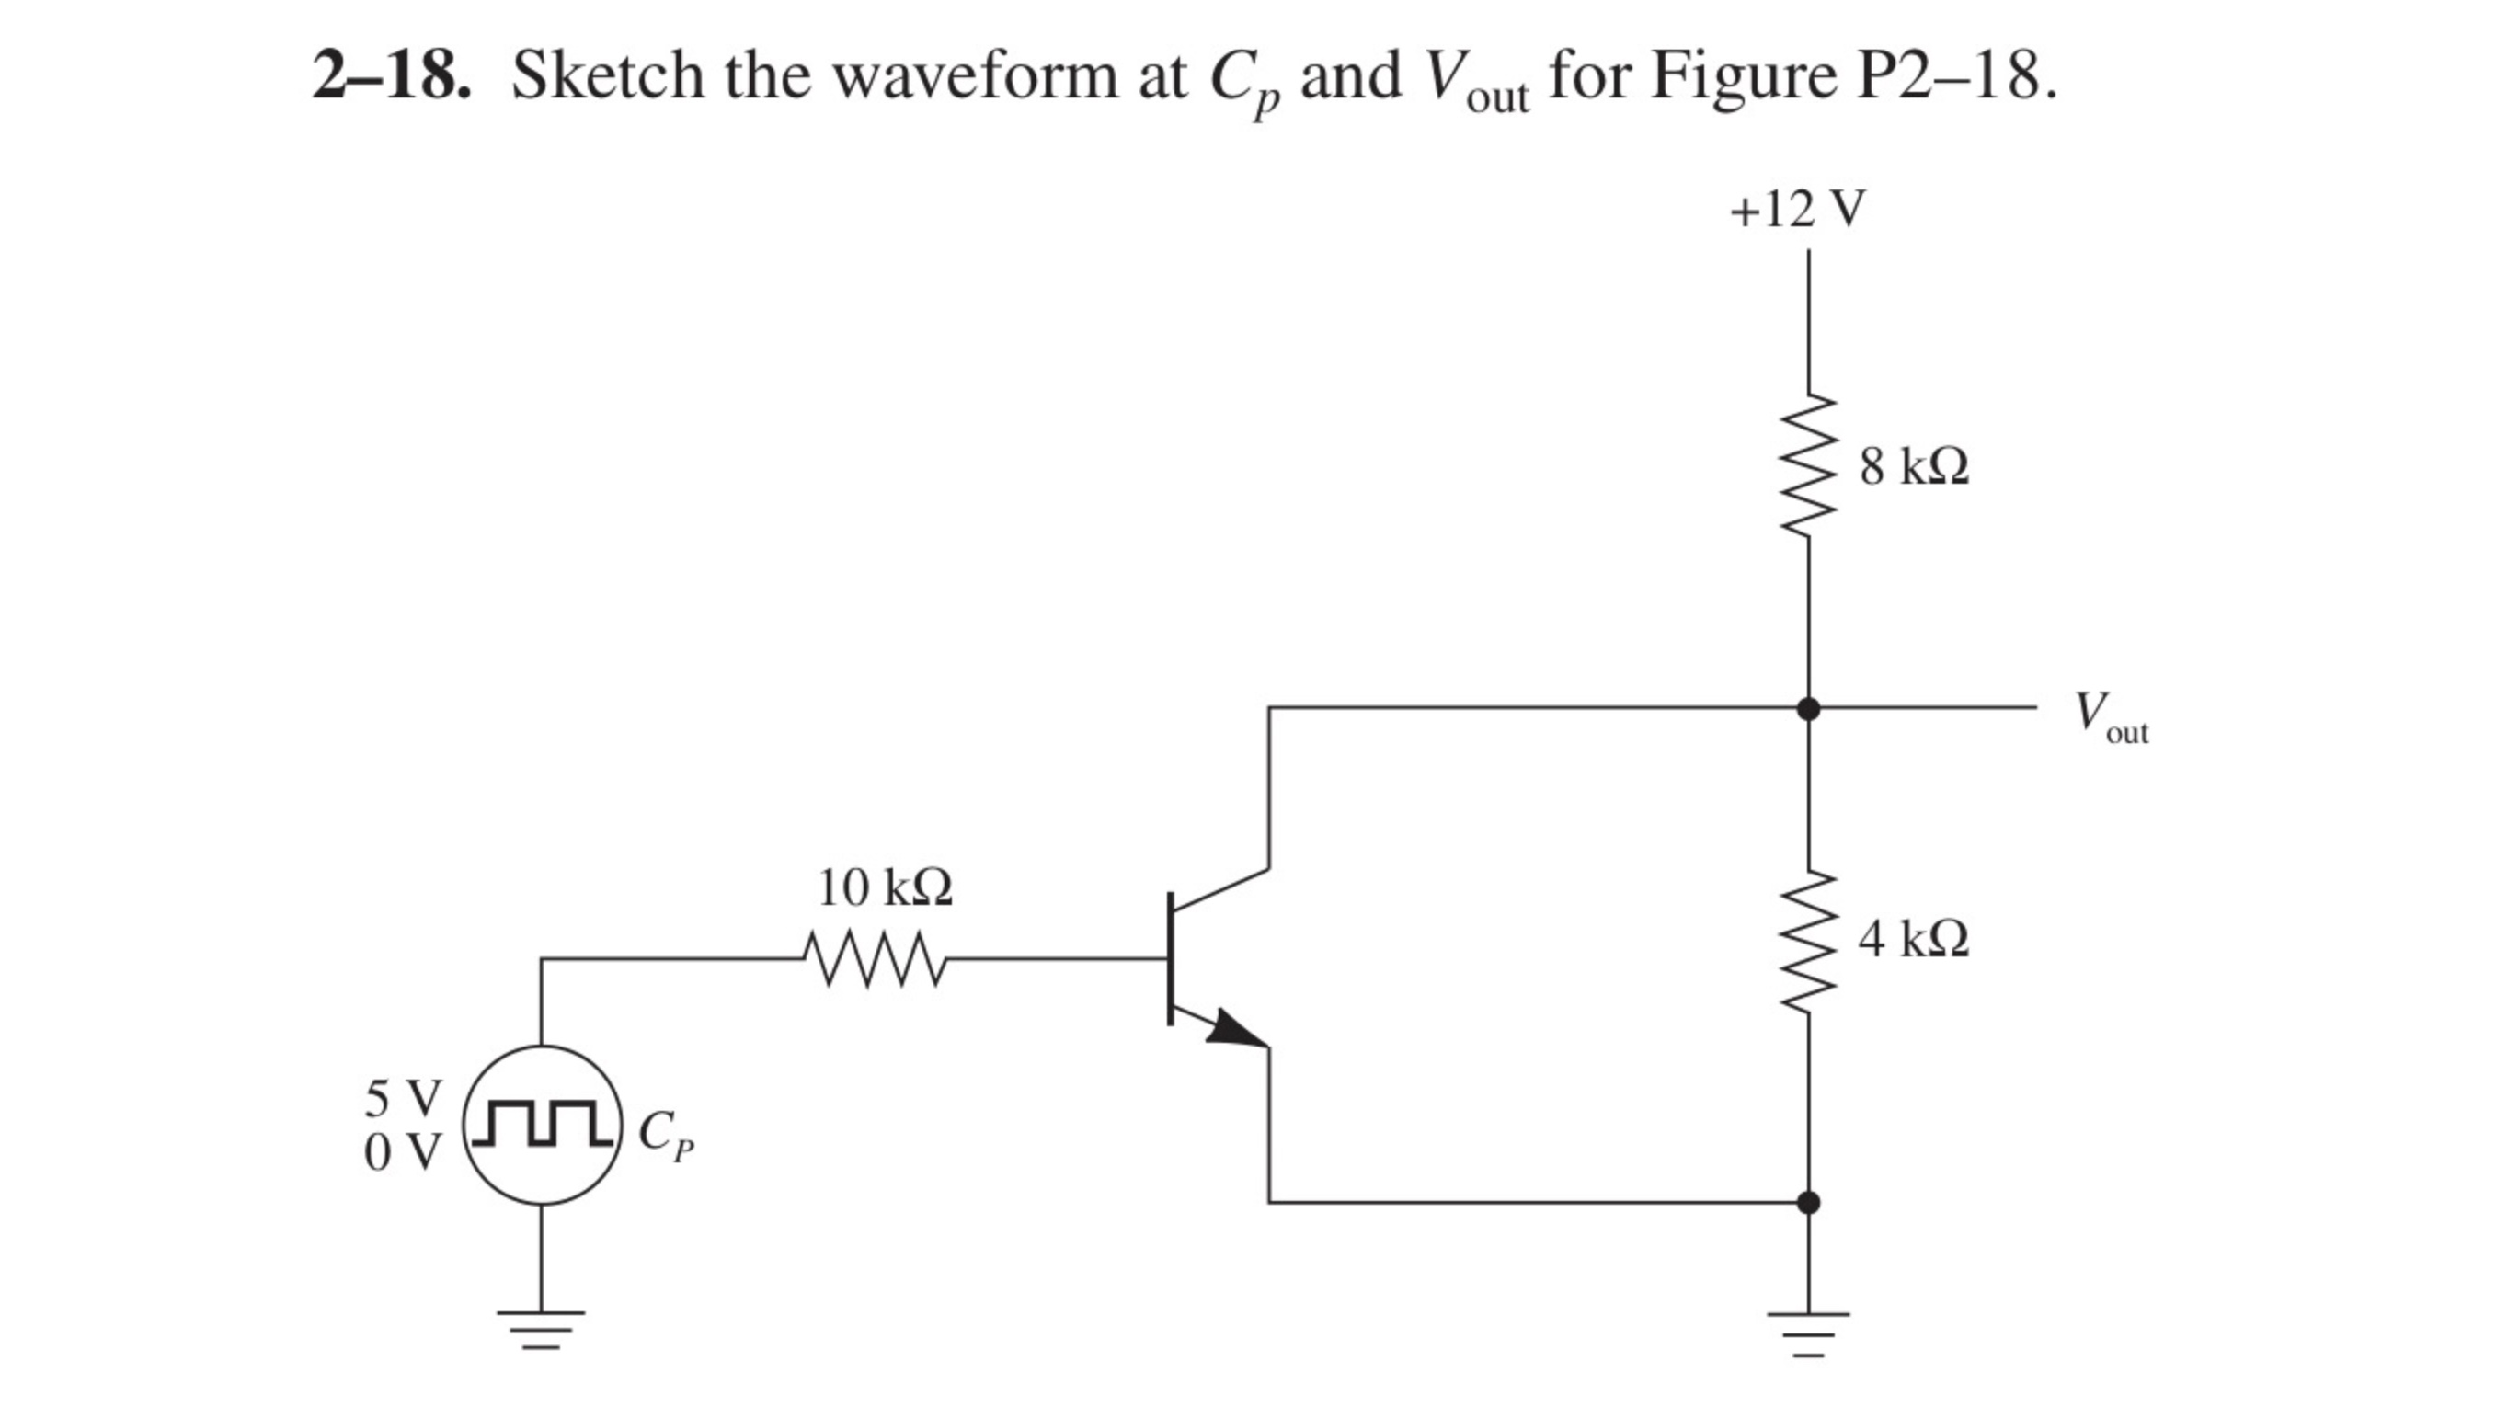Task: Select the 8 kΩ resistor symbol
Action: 1808,465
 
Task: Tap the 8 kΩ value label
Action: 1914,466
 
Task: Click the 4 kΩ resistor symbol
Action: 1808,940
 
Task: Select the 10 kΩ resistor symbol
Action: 874,959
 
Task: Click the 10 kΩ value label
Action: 884,887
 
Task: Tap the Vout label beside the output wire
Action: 2111,718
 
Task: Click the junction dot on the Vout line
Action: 1808,708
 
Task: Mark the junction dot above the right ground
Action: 1808,1202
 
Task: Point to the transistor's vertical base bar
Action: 1171,958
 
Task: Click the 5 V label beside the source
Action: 403,1098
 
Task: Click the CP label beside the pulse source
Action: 665,1135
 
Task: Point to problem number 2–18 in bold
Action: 390,76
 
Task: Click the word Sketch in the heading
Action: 606,76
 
